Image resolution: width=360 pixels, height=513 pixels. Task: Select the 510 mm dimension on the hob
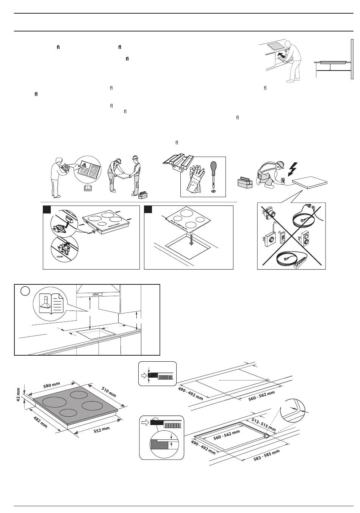tap(109, 391)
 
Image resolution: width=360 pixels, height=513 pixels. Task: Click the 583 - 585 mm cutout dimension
tap(266, 456)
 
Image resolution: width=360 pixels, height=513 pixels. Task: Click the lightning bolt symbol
tap(293, 169)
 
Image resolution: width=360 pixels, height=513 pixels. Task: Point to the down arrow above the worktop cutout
tap(192, 240)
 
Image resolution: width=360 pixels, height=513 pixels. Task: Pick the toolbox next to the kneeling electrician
tap(245, 183)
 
